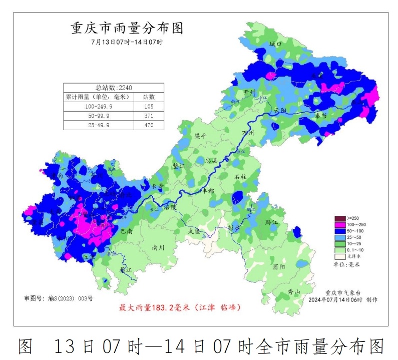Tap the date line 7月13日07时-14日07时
point(127,42)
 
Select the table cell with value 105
point(149,107)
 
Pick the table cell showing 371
point(149,116)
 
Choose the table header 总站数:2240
point(114,87)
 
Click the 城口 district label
point(275,44)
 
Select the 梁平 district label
point(200,136)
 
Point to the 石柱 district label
point(241,177)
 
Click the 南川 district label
point(158,247)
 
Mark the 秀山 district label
point(293,292)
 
